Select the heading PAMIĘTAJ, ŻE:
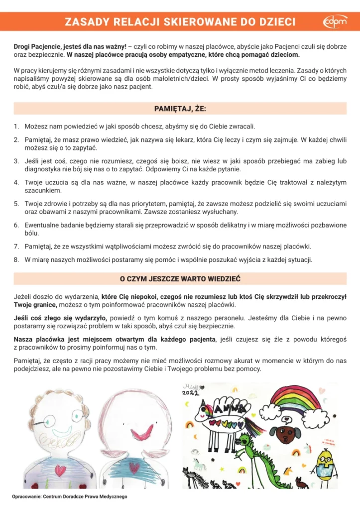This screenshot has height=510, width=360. coord(180,109)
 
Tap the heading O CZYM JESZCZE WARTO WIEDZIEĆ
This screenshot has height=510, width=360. coord(180,278)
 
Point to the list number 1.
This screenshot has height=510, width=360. coord(16,127)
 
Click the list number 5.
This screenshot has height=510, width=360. coord(16,204)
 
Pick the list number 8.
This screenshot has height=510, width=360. coord(16,259)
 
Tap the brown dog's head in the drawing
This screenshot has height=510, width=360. coord(286,434)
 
